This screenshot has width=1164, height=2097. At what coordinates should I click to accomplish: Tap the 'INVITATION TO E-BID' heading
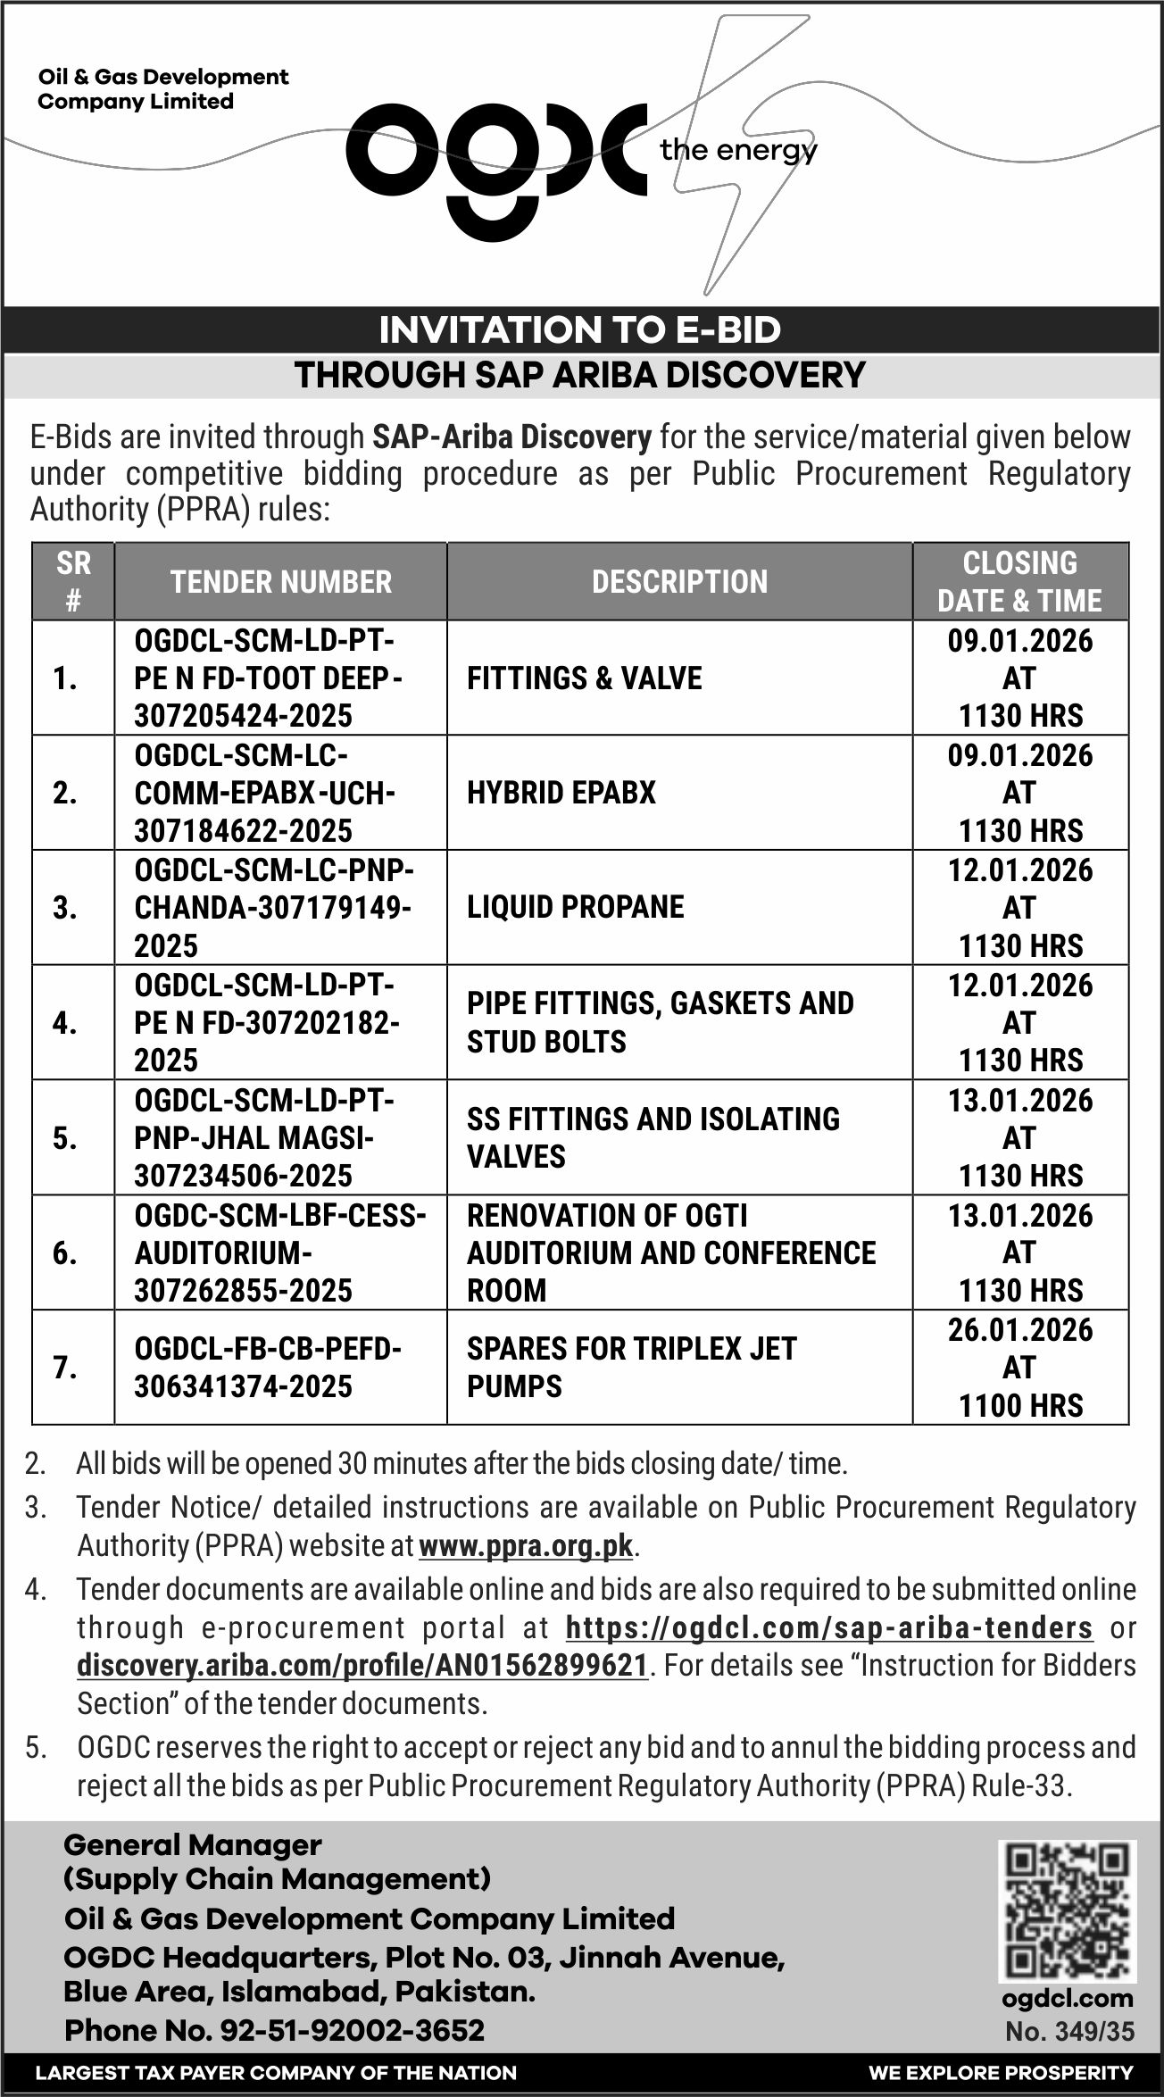pos(580,330)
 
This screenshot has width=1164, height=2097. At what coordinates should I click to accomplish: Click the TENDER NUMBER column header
pos(281,582)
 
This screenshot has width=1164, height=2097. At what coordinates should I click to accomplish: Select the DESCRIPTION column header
pos(679,582)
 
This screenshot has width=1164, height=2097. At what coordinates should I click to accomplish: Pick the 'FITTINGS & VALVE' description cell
pos(584,678)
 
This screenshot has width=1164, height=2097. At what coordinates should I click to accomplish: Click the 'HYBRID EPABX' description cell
pos(561,793)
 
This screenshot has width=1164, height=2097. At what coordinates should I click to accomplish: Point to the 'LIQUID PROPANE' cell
pos(575,907)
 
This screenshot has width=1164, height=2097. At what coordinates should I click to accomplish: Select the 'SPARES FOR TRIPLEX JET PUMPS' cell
pos(631,1367)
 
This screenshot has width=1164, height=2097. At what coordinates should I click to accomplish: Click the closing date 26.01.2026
pos(1020,1330)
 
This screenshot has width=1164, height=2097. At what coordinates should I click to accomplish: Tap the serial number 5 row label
pos(65,1138)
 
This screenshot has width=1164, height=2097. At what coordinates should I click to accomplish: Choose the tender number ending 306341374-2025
pos(268,1367)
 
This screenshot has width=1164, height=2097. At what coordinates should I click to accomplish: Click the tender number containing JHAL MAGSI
pos(264,1138)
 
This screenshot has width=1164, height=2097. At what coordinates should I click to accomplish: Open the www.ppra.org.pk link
pos(526,1545)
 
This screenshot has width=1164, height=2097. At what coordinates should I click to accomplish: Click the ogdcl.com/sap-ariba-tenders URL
pos(829,1627)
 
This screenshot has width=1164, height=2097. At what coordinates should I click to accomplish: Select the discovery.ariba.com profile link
pos(362,1666)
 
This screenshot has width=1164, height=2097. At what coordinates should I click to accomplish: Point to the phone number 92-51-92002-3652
pos(274,2030)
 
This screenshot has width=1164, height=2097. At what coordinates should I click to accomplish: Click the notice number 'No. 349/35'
pos(1069,2032)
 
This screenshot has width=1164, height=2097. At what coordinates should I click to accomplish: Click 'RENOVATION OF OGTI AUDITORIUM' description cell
pos(671,1252)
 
